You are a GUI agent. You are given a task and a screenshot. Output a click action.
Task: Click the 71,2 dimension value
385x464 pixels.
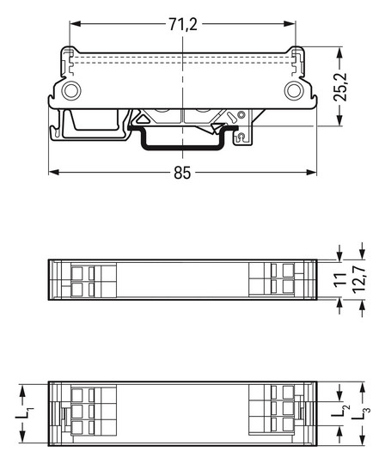pos(182,24)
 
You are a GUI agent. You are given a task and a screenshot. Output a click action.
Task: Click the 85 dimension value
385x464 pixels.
pos(182,173)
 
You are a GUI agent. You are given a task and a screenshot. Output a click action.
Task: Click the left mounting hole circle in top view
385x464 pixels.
pos(70,91)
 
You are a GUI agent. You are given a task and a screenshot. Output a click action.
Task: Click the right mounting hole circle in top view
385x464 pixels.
pos(295,91)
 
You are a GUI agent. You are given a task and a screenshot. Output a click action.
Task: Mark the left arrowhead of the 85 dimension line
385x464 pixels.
pos(52,172)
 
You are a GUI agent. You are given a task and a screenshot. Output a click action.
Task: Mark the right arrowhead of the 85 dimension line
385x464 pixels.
pos(313,172)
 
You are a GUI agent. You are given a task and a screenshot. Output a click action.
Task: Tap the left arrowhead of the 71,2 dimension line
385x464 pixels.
pos(72,25)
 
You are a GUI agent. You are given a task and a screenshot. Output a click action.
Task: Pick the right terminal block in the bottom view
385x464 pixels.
pos(275,411)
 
